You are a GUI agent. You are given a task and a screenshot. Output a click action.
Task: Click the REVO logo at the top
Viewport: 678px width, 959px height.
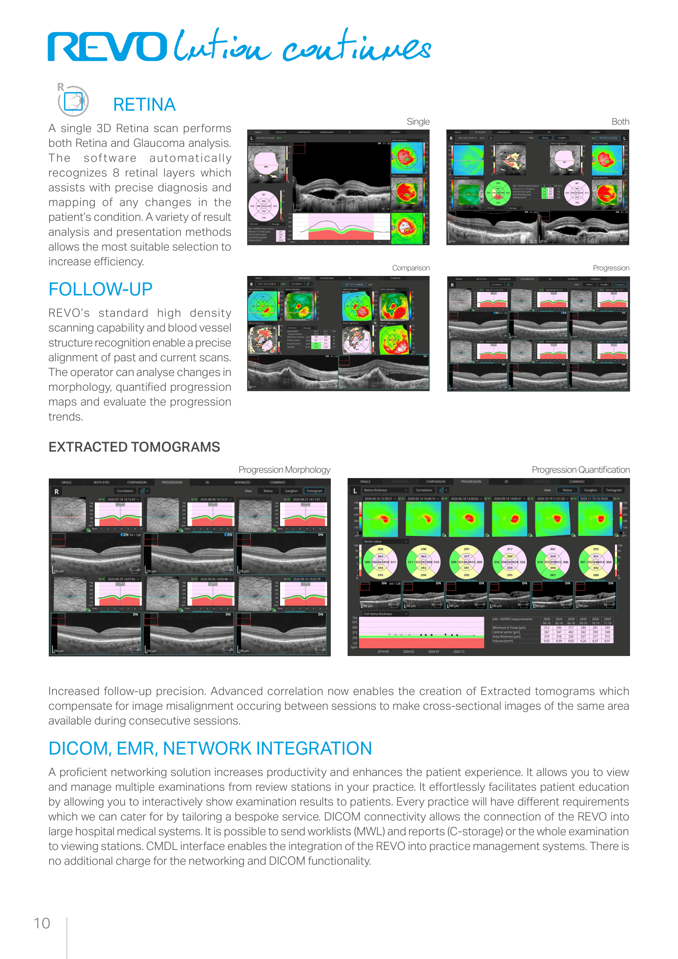tap(107, 46)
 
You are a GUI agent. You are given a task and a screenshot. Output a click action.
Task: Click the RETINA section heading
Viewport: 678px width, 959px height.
tap(144, 105)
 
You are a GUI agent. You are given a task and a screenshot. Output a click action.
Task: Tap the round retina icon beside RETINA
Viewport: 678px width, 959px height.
tap(73, 101)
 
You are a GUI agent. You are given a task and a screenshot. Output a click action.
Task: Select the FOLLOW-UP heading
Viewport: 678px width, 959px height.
tap(100, 289)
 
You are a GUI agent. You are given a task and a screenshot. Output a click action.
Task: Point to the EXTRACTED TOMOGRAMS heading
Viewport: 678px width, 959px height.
tap(134, 447)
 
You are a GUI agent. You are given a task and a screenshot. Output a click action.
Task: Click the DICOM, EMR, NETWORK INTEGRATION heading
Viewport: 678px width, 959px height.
tap(210, 749)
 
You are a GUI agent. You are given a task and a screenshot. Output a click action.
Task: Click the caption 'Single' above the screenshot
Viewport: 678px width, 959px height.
tap(418, 121)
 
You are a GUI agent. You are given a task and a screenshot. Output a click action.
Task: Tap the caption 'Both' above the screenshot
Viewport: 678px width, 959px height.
tap(620, 121)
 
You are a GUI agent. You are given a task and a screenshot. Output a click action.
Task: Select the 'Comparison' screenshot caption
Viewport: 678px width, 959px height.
tap(410, 268)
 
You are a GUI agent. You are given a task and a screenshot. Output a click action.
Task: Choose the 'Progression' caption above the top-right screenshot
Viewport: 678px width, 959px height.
tap(611, 268)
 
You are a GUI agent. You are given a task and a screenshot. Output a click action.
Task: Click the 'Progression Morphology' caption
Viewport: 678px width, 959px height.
tap(284, 470)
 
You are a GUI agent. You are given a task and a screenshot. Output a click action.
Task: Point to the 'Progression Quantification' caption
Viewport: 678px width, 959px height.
tap(580, 470)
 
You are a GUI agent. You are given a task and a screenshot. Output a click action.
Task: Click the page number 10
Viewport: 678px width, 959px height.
tap(42, 923)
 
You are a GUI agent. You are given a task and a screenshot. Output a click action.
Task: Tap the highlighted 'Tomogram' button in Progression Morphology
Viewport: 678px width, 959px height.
tap(314, 491)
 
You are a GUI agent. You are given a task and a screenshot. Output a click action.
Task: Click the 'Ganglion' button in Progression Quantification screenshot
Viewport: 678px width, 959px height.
tap(590, 490)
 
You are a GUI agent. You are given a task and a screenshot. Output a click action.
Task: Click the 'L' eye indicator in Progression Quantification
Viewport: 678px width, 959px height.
tap(355, 491)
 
